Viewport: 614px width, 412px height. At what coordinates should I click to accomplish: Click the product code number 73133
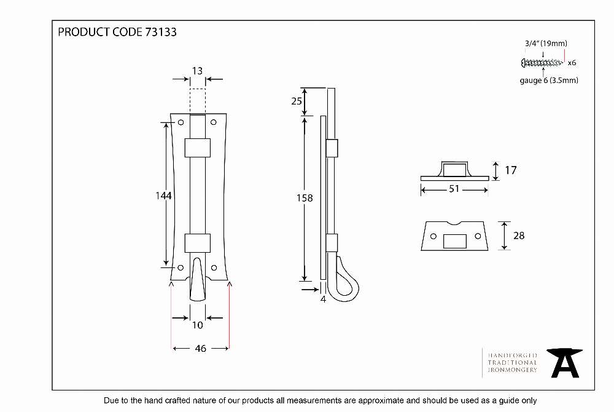click(x=161, y=32)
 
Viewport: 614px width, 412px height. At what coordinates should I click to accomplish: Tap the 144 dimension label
click(x=163, y=195)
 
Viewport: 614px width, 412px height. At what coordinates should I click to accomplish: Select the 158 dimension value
click(x=305, y=198)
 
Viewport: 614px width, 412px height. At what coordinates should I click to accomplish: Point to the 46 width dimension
click(x=201, y=348)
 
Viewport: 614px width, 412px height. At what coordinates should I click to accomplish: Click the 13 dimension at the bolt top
click(x=197, y=71)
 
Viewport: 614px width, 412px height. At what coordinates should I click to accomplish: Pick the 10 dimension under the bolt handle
click(x=197, y=325)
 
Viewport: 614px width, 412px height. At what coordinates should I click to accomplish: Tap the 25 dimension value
click(x=297, y=101)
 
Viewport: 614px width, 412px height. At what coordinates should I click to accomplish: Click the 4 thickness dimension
click(x=323, y=299)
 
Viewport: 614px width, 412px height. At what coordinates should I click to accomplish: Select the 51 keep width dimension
click(x=454, y=189)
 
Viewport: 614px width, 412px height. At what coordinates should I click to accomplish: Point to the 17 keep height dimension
click(x=511, y=170)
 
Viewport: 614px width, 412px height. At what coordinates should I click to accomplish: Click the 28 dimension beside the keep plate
click(x=519, y=236)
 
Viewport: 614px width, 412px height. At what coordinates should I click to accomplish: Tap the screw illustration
click(x=543, y=62)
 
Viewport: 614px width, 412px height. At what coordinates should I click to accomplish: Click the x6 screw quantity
click(x=572, y=63)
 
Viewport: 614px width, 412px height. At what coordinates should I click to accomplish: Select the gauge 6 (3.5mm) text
click(x=549, y=81)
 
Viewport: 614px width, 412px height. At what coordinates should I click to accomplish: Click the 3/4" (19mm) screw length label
click(x=546, y=44)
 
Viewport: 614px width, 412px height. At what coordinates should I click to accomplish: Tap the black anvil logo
click(x=565, y=363)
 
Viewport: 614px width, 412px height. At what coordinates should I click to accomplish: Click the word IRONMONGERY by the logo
click(x=512, y=370)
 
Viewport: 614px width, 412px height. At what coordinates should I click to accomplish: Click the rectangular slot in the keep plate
click(x=454, y=241)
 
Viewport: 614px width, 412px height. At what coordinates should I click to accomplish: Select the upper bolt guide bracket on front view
click(x=197, y=148)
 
